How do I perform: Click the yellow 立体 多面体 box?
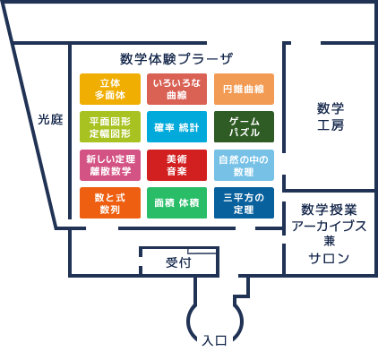[x=110, y=89]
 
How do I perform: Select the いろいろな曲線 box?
[x=176, y=89]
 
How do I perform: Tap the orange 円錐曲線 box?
[x=244, y=89]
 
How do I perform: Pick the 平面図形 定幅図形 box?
[x=110, y=127]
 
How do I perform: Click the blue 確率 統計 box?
[x=176, y=127]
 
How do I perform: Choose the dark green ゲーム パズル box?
[x=244, y=127]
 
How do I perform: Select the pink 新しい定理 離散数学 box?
[x=110, y=165]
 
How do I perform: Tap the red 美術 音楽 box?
[x=176, y=165]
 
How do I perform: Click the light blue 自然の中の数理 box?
[x=244, y=165]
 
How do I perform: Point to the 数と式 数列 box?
[x=110, y=203]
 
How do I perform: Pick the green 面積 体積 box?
[x=176, y=203]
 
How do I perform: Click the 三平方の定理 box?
[x=244, y=203]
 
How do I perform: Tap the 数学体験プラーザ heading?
[x=176, y=59]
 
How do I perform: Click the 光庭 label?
[x=50, y=119]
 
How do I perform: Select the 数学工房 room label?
[x=331, y=116]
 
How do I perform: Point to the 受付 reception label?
[x=178, y=262]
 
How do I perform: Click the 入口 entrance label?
[x=214, y=340]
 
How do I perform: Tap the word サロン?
[x=329, y=258]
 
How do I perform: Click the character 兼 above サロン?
[x=329, y=241]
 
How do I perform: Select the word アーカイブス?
[x=329, y=226]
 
